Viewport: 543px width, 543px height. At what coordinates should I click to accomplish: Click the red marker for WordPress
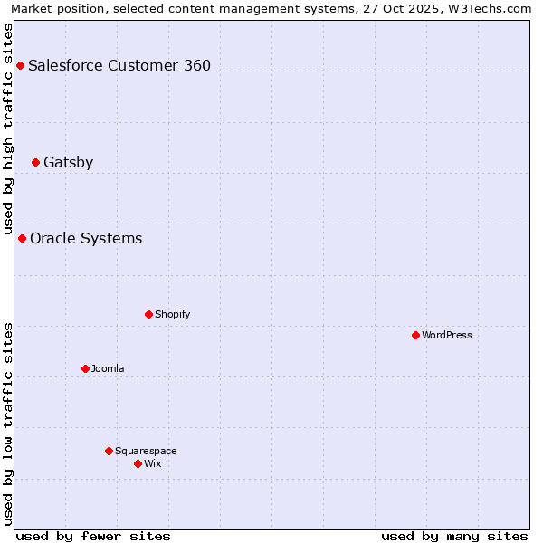pyautogui.click(x=415, y=335)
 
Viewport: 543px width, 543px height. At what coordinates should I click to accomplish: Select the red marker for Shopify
pyautogui.click(x=148, y=314)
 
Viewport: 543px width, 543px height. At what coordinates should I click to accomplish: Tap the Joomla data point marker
pyautogui.click(x=85, y=368)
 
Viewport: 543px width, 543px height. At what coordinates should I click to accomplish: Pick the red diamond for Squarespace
pyautogui.click(x=109, y=451)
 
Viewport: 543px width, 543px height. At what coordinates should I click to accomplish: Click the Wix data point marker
pyautogui.click(x=138, y=463)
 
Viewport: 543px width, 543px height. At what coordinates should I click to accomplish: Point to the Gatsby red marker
pyautogui.click(x=35, y=163)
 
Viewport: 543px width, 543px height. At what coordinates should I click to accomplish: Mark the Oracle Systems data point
pyautogui.click(x=22, y=238)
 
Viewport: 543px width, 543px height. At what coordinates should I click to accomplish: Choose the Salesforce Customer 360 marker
pyautogui.click(x=20, y=65)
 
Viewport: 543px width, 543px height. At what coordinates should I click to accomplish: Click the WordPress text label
pyautogui.click(x=447, y=335)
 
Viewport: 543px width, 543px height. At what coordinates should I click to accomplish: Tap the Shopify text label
pyautogui.click(x=172, y=314)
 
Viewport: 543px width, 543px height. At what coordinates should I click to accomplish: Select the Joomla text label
pyautogui.click(x=108, y=368)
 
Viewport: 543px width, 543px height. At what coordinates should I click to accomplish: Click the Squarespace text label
pyautogui.click(x=146, y=451)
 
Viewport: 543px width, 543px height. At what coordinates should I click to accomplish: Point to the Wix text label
pyautogui.click(x=153, y=463)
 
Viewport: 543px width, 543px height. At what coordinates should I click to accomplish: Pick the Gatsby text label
pyautogui.click(x=68, y=163)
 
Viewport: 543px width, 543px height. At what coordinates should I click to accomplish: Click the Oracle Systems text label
pyautogui.click(x=86, y=238)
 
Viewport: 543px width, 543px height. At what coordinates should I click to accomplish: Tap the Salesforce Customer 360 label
pyautogui.click(x=119, y=65)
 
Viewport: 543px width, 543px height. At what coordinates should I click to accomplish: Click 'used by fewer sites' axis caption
pyautogui.click(x=93, y=536)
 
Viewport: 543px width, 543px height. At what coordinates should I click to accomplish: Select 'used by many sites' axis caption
pyautogui.click(x=454, y=536)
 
